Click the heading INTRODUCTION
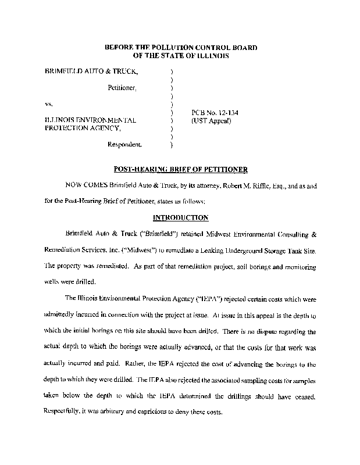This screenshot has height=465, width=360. coord(180,218)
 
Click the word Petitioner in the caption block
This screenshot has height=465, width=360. coord(122,88)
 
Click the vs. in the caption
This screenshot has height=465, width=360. coord(49,103)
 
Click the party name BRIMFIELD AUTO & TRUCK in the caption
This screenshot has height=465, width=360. coord(92,71)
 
